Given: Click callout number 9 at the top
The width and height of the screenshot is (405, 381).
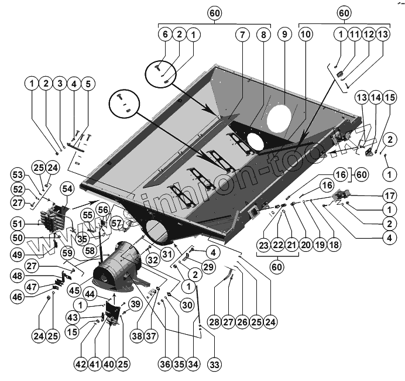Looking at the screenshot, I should (x=284, y=35).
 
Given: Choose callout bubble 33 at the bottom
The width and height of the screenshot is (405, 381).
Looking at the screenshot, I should (x=215, y=364).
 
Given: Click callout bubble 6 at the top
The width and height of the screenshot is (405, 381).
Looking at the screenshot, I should (x=166, y=35).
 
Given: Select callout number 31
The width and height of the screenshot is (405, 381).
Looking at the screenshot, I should (x=168, y=253).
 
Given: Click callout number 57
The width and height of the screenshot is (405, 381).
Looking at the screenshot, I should (x=116, y=223).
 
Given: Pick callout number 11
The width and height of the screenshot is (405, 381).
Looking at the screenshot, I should (x=355, y=35).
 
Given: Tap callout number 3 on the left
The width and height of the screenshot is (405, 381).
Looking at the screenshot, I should (x=60, y=84).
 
